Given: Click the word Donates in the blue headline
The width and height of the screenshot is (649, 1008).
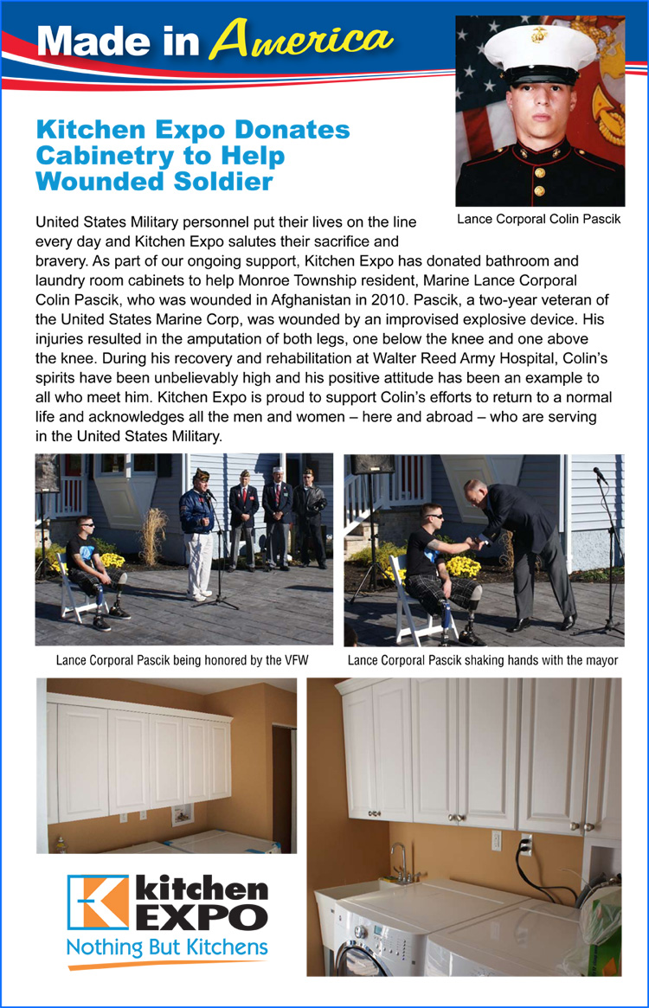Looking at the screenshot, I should (x=296, y=131).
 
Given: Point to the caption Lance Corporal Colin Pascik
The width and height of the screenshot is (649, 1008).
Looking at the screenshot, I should (x=538, y=219).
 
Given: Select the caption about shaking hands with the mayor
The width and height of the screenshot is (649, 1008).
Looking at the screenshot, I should (x=483, y=660).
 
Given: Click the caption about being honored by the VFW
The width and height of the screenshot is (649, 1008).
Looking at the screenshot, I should (x=182, y=660).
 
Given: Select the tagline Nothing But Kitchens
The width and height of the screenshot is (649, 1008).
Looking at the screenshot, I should (x=167, y=947).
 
